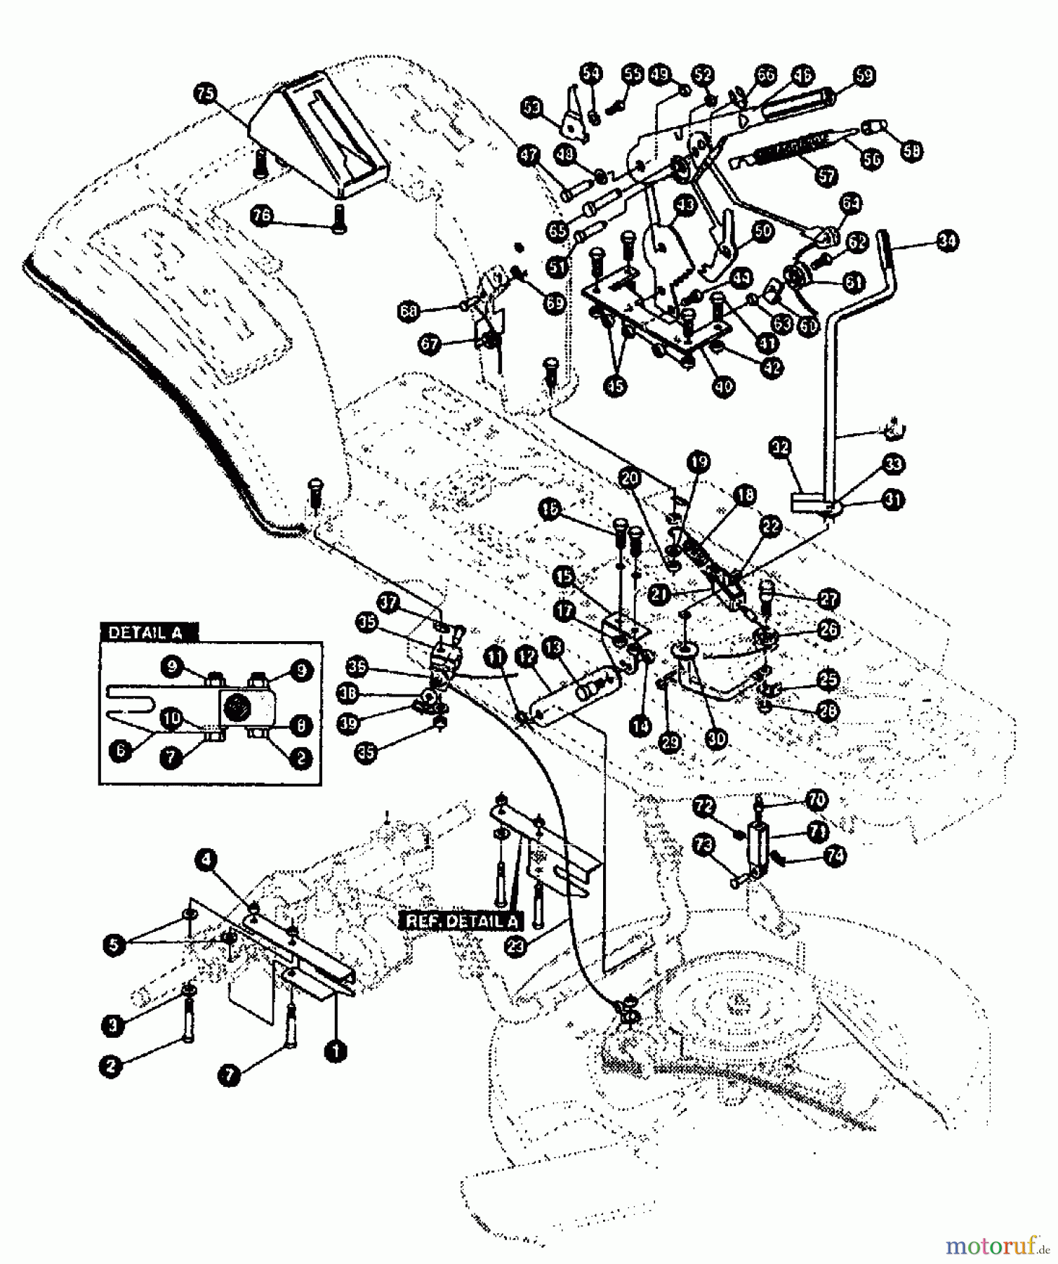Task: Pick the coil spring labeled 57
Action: click(779, 152)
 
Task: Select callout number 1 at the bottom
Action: click(336, 1051)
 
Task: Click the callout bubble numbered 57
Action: click(826, 175)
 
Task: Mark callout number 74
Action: click(835, 856)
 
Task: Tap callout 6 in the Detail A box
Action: click(119, 750)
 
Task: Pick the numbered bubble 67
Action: click(430, 344)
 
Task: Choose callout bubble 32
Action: click(780, 447)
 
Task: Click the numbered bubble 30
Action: click(718, 738)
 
